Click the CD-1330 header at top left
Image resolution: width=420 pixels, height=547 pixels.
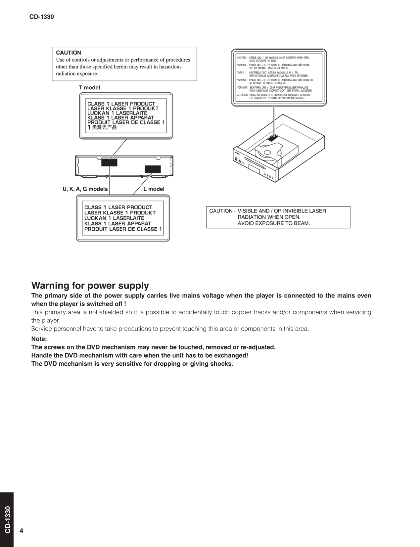coord(41,17)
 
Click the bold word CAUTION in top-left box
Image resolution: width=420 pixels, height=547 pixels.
coord(69,53)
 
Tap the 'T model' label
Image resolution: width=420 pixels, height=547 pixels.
coord(89,87)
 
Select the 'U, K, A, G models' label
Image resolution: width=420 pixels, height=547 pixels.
coord(85,189)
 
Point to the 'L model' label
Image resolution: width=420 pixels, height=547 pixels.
coord(154,189)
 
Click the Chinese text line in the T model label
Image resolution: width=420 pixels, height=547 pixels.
coord(102,127)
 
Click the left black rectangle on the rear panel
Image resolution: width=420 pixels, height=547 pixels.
coord(109,162)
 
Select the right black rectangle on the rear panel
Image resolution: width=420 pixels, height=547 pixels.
coord(153,169)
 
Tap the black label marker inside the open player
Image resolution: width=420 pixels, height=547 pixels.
coord(273,137)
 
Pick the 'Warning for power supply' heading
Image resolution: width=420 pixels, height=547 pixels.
coord(90,285)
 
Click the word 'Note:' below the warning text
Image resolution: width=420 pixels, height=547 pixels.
coord(39,339)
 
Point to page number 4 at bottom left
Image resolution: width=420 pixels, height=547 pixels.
coord(22,531)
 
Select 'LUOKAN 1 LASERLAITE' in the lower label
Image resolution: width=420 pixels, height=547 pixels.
coord(114,218)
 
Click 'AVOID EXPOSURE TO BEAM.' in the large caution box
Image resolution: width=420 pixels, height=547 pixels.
coord(274,223)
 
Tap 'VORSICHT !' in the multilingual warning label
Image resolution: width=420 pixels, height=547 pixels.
coord(242,88)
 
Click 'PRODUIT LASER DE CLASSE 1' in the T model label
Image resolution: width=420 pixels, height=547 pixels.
coord(126,122)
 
